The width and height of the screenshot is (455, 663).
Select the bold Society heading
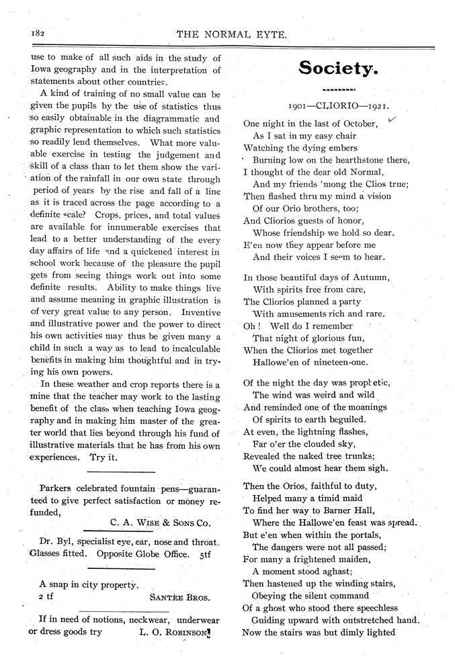coord(338,69)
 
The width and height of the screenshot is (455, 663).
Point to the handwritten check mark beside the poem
coord(392,120)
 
